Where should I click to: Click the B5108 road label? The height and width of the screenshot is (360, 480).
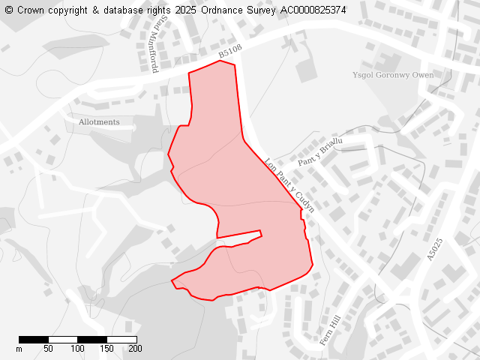click(x=230, y=52)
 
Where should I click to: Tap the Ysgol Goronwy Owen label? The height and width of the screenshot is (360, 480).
click(x=393, y=75)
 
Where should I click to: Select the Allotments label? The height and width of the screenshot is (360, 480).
click(x=99, y=121)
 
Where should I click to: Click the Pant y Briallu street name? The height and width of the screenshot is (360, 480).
click(x=320, y=152)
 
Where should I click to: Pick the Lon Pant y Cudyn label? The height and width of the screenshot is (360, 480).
click(x=289, y=184)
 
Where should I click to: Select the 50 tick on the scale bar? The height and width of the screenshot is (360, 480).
click(x=48, y=349)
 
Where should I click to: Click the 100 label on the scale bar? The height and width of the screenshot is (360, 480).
click(x=78, y=349)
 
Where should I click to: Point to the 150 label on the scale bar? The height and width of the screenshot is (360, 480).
click(x=106, y=349)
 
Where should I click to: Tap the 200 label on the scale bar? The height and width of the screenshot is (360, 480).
click(x=135, y=349)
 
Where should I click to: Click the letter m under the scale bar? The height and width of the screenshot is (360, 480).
click(x=19, y=349)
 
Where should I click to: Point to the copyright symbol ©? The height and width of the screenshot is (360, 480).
click(x=9, y=10)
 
